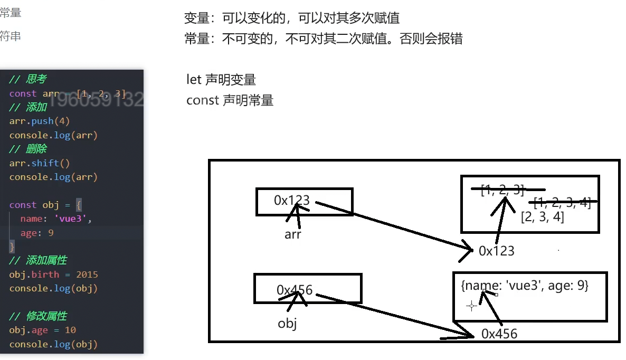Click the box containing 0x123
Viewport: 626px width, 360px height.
(x=304, y=202)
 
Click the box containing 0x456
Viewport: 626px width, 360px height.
(x=307, y=288)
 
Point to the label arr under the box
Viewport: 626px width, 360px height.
(x=292, y=234)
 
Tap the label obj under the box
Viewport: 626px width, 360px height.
(x=287, y=323)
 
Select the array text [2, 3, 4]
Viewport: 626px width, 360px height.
(x=542, y=216)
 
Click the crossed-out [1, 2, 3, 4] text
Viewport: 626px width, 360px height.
(x=562, y=202)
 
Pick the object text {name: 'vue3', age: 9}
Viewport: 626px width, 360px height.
(x=524, y=286)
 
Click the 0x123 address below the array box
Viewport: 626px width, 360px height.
(x=496, y=251)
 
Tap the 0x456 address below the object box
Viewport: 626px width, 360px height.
(x=499, y=334)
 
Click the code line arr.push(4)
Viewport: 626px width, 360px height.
(x=40, y=121)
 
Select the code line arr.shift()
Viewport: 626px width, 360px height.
(x=40, y=163)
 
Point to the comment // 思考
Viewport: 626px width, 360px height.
(x=28, y=79)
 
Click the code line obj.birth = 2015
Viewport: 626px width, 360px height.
(x=53, y=274)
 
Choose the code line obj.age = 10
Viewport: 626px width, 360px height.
(x=42, y=330)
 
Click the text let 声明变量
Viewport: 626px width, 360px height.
(x=221, y=80)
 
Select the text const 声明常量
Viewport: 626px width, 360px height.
(x=230, y=100)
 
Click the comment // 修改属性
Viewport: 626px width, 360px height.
(x=38, y=316)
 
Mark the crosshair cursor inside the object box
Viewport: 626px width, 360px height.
(x=471, y=306)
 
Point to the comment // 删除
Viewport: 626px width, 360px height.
(x=28, y=149)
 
